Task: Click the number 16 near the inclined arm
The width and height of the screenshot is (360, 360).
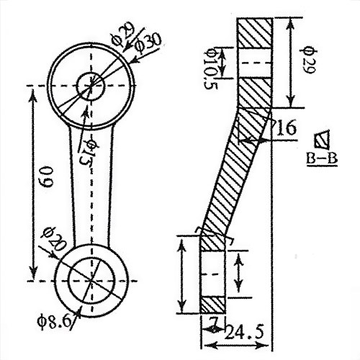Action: point(285,128)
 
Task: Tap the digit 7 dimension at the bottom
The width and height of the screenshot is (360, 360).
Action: point(212,321)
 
